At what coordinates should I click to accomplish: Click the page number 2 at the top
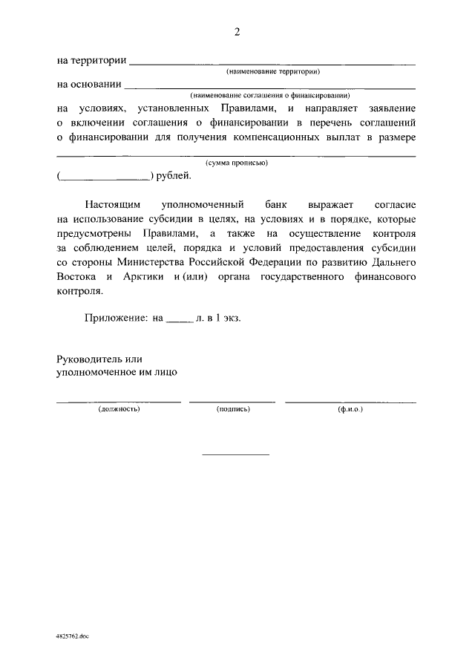[237, 31]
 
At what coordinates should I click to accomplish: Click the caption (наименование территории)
[273, 72]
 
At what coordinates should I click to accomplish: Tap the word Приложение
[115, 317]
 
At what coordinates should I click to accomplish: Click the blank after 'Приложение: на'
[179, 319]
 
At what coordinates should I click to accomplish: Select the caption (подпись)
[232, 409]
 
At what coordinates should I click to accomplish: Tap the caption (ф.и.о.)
[350, 409]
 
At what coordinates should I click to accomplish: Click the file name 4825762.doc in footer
[72, 636]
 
